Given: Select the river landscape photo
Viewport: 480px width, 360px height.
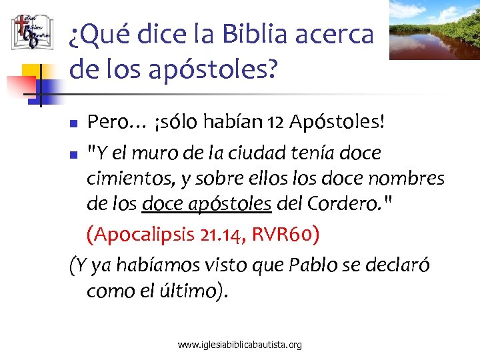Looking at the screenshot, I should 434,29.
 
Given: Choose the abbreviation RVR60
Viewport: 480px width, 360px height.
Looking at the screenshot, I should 291,233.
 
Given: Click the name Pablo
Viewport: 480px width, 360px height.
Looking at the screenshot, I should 314,265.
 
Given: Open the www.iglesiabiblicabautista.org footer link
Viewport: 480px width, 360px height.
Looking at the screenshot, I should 239,345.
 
